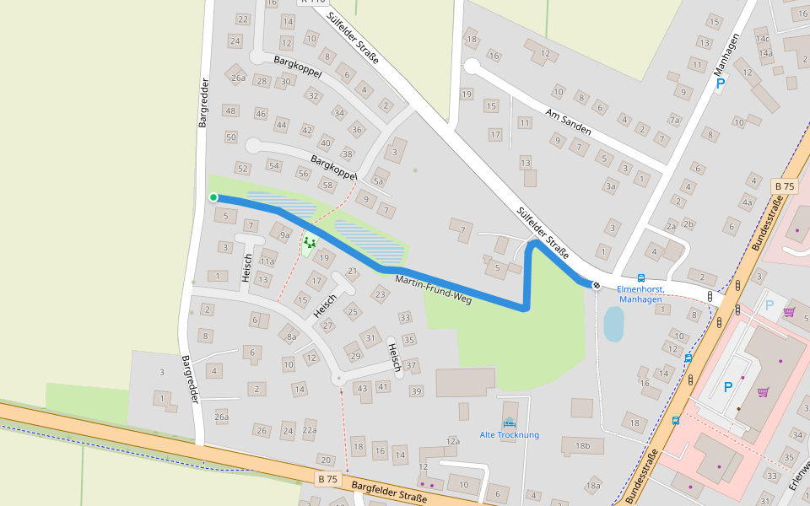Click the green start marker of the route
pyautogui.click(x=213, y=197)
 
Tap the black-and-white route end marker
pyautogui.click(x=597, y=285)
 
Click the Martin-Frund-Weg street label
pyautogui.click(x=433, y=288)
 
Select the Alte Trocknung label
pyautogui.click(x=509, y=435)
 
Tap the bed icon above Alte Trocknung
pyautogui.click(x=509, y=423)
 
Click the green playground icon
pyautogui.click(x=309, y=243)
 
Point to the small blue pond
pyautogui.click(x=613, y=323)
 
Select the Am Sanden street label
pyautogui.click(x=569, y=123)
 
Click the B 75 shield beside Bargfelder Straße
pyautogui.click(x=327, y=478)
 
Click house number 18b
pyautogui.click(x=582, y=445)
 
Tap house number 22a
pyautogui.click(x=310, y=430)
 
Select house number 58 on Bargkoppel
pyautogui.click(x=328, y=185)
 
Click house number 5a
pyautogui.click(x=379, y=180)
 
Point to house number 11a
pyautogui.click(x=267, y=262)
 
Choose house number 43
pyautogui.click(x=363, y=388)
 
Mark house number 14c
pyautogui.click(x=763, y=38)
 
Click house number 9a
pyautogui.click(x=283, y=234)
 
